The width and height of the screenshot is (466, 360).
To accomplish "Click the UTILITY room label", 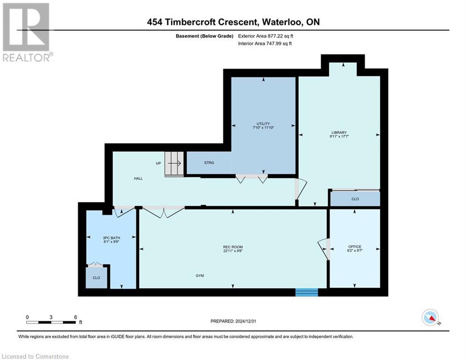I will tap(263, 123).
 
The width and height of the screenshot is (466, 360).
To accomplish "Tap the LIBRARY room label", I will tap(339, 132).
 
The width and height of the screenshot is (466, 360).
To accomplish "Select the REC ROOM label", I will tap(233, 247).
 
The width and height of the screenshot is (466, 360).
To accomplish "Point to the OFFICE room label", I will tap(355, 247).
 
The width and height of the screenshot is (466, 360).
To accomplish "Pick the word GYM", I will tap(200, 276).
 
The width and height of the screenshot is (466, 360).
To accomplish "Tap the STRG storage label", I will tap(209, 163).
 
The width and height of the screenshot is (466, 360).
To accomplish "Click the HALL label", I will tap(138, 178).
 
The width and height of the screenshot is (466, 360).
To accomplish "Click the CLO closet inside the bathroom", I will tap(96, 277).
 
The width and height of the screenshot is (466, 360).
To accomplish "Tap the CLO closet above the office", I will tap(355, 199).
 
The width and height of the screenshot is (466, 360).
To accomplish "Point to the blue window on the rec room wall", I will tap(307, 292).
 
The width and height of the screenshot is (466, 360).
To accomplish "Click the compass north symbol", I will tap(430, 317).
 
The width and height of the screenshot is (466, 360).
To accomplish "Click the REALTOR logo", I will tap(27, 32).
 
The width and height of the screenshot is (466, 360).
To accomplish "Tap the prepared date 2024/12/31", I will tap(233, 321).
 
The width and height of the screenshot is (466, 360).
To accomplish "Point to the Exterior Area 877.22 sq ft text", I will tap(266, 36).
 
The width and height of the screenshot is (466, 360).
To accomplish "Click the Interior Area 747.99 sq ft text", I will tap(266, 44).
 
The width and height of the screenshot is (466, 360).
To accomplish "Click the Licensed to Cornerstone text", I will tap(36, 357).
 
